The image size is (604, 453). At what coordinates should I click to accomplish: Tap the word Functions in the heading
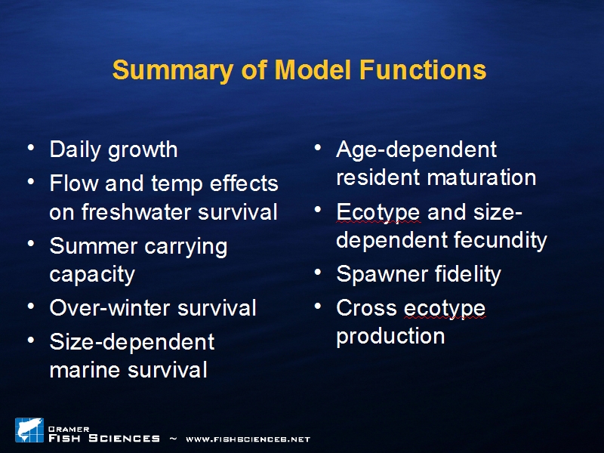[423, 69]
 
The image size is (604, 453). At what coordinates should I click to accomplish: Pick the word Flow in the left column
[73, 183]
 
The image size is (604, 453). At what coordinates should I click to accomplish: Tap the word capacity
[92, 275]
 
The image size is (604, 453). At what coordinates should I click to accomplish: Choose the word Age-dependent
[417, 150]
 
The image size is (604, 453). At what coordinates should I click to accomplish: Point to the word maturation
[482, 177]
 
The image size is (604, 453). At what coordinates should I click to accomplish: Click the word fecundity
[501, 241]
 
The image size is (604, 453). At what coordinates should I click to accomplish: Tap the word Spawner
[382, 275]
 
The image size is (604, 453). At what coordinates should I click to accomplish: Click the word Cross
[366, 308]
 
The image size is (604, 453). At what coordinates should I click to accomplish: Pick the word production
[390, 337]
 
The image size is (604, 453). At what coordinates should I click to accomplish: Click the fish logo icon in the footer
[29, 430]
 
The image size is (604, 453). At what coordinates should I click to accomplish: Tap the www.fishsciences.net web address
[248, 439]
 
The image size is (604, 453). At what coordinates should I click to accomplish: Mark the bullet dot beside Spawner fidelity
[318, 273]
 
